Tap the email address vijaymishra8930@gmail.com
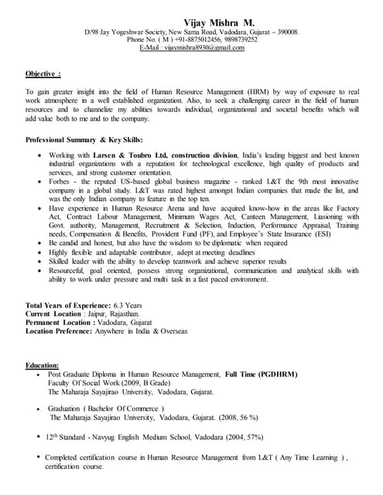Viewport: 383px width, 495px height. coord(203,48)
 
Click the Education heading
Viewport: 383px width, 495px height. coord(43,364)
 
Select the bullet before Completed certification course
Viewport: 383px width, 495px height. coord(39,459)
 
